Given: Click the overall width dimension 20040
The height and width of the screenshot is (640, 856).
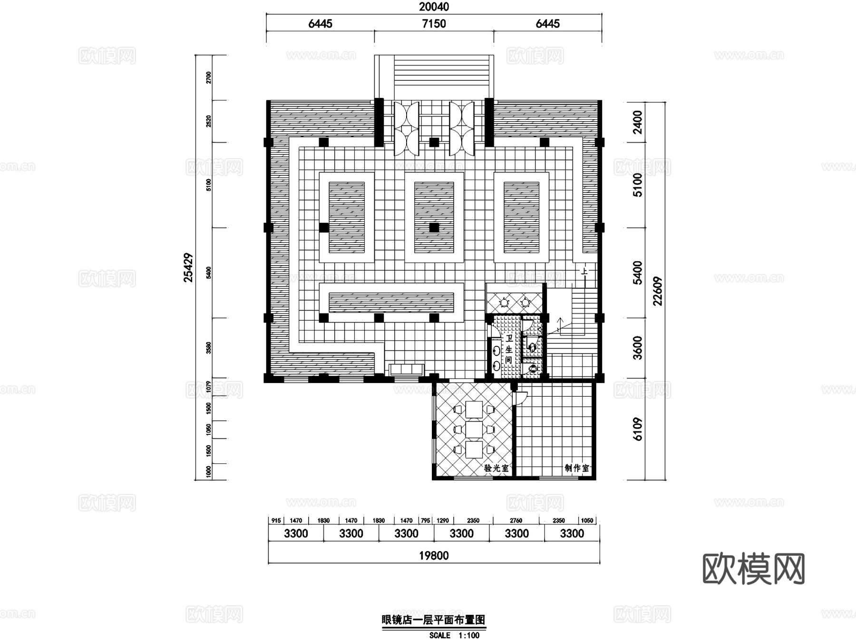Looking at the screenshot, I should click(434, 7).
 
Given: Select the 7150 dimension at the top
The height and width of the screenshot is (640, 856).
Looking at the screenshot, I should click(434, 23).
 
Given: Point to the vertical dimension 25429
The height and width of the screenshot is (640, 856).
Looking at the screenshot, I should click(189, 267).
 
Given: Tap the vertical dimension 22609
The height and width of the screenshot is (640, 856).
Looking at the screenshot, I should click(657, 291).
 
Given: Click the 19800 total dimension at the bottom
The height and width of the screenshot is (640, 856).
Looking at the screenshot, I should click(434, 555).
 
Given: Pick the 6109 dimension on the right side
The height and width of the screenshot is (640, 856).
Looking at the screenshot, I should click(638, 429).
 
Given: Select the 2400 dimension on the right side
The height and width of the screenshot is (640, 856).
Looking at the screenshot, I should click(638, 122).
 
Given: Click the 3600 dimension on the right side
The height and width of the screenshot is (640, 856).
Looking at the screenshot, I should click(638, 348).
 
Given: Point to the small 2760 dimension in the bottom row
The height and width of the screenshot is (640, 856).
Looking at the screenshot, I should click(516, 520).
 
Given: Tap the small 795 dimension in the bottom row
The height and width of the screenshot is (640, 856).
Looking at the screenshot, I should click(425, 520).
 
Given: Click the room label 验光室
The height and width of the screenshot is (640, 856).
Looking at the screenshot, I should click(496, 468).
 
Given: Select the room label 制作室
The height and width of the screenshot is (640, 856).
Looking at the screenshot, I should click(576, 468).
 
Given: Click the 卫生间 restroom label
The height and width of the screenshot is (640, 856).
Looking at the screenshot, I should click(508, 349).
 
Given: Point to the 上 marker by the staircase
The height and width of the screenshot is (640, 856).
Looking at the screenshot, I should click(584, 272).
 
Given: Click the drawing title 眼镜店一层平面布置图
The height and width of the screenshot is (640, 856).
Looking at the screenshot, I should click(433, 620).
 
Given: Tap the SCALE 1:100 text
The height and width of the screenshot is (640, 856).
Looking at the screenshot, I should click(454, 635).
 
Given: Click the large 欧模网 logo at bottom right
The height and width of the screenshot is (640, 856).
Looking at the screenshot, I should click(753, 569).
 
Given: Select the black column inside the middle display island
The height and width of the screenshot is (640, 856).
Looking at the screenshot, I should click(434, 228).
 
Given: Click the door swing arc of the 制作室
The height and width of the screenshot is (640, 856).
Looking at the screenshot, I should click(522, 398).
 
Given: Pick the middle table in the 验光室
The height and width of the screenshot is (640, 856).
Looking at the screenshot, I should click(474, 429).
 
